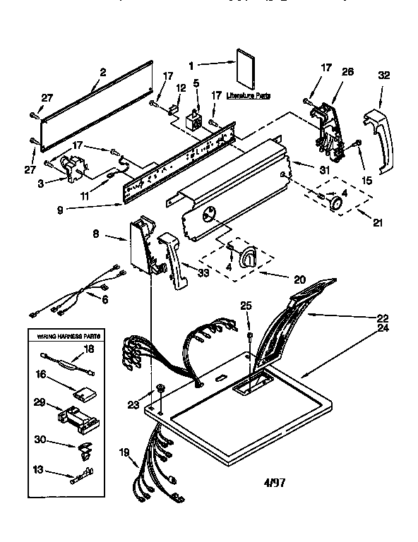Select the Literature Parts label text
(248, 94)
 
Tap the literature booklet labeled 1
(246, 67)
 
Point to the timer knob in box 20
(249, 258)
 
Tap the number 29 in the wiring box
(40, 402)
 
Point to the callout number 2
(103, 71)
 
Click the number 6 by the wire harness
(105, 299)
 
